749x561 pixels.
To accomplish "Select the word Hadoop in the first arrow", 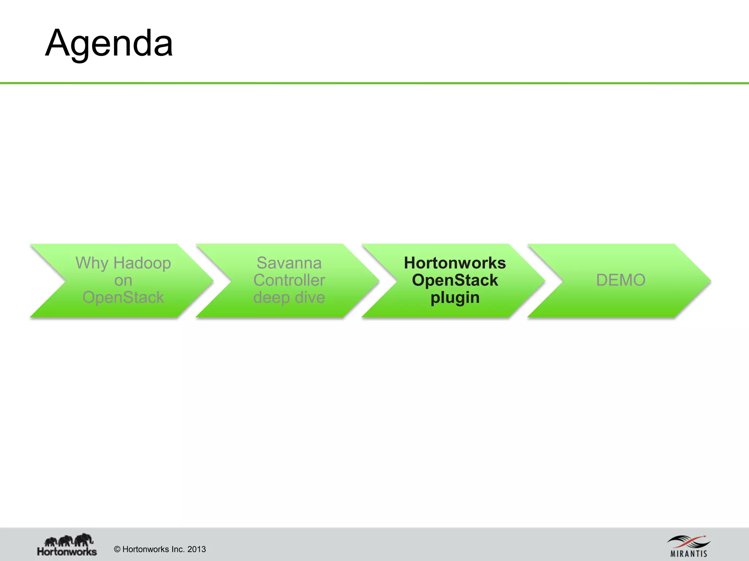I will (142, 263).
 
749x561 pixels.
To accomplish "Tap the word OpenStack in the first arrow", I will (123, 297).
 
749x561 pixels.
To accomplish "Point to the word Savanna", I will (289, 263).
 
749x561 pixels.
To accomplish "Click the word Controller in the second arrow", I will (289, 280).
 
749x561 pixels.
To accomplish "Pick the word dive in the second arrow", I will (310, 297).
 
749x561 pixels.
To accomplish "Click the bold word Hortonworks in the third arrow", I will (455, 263).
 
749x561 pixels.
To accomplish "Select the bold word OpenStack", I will (455, 280).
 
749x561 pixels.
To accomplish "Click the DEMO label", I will (621, 280).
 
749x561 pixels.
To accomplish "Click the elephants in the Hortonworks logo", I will (69, 539).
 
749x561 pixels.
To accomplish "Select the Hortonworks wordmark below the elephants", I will (67, 551).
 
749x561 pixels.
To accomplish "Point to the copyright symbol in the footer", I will (117, 549).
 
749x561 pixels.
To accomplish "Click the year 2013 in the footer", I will (196, 549).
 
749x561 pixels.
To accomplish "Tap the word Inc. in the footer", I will (177, 549).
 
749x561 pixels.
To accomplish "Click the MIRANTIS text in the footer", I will (689, 554).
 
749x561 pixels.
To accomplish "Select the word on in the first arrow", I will (123, 280).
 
